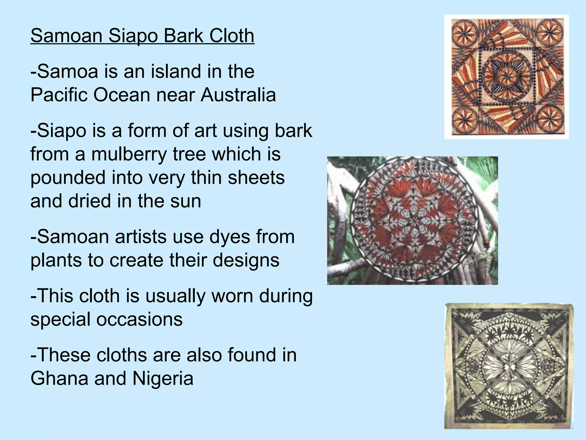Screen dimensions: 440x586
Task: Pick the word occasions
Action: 139,319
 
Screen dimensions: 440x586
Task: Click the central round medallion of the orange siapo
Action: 507,76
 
